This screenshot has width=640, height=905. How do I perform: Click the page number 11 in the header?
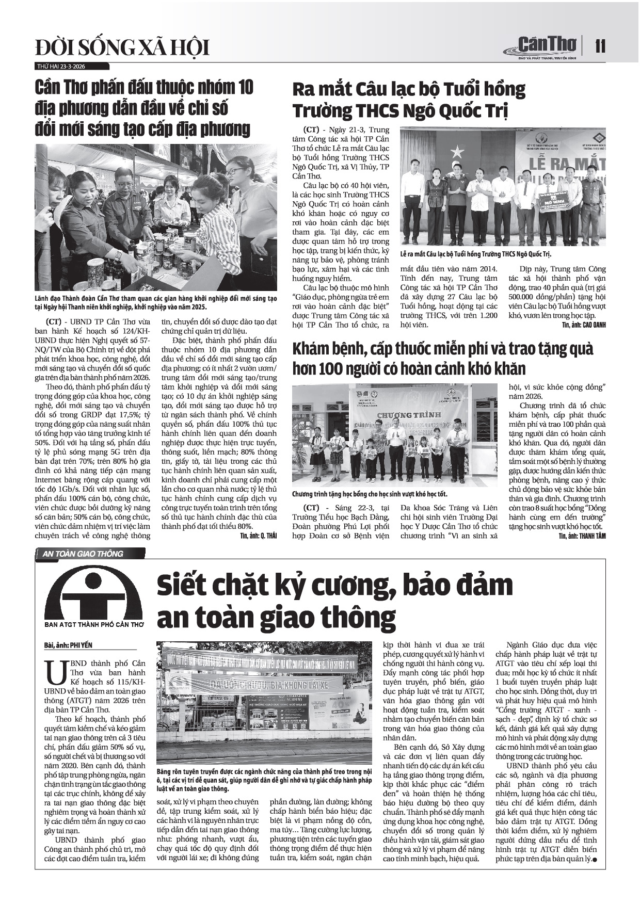point(600,46)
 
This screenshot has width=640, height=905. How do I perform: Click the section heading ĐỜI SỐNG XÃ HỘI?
point(122,48)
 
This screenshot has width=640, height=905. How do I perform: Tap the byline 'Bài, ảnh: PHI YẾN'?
point(68,645)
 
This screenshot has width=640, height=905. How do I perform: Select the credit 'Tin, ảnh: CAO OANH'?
point(583,325)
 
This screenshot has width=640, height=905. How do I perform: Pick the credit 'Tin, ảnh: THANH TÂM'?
point(582,536)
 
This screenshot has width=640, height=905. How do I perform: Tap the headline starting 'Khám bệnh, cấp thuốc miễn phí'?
point(442,349)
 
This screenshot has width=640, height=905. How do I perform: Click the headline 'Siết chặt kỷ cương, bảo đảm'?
point(335,585)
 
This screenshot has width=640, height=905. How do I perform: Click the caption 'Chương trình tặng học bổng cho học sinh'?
point(370,494)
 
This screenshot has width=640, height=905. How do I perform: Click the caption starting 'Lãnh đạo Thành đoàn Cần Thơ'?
point(156,303)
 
